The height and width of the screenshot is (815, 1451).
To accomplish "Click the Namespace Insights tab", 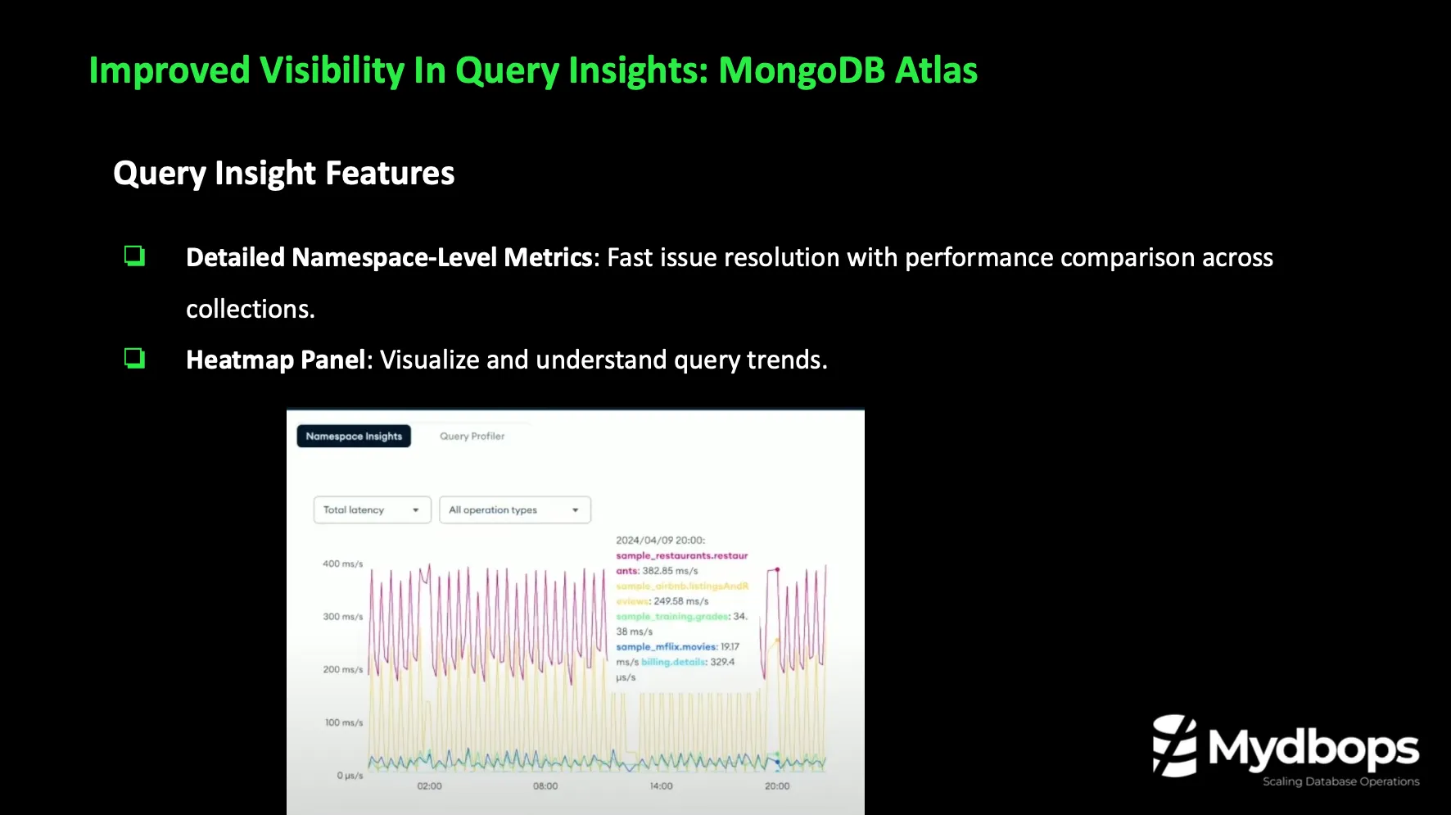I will pos(354,437).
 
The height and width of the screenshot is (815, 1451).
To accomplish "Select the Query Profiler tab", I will pos(472,437).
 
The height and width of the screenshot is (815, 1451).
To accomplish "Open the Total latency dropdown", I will pos(372,509).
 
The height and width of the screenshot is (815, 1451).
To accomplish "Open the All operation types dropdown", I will pos(514,509).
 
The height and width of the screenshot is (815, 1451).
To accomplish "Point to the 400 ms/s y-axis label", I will pos(342,564).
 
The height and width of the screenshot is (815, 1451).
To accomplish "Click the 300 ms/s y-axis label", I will pos(342,617).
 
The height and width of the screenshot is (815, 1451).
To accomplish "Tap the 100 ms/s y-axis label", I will pos(343,722).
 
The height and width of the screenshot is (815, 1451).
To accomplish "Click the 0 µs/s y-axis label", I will pos(350,775).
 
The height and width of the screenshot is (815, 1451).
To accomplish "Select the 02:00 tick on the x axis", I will pos(429,786).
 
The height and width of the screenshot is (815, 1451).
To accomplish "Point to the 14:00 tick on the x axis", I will pos(661,786).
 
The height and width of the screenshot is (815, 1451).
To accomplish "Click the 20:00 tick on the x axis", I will pos(777,786).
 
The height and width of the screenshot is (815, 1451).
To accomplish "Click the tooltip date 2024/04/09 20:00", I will pos(660,541).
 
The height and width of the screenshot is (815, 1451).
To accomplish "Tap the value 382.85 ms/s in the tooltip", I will pos(670,571).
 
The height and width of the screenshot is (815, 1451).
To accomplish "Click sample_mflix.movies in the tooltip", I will pos(667,647).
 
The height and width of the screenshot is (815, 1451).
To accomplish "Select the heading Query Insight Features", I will pos(283,174).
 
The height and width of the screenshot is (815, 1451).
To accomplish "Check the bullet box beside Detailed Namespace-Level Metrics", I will pos(134,256).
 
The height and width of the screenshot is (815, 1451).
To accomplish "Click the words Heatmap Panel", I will pos(275,360).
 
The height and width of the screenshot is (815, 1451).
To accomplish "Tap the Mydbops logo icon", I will pos(1174,745).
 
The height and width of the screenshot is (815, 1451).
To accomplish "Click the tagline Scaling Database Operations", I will pos(1340,781).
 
